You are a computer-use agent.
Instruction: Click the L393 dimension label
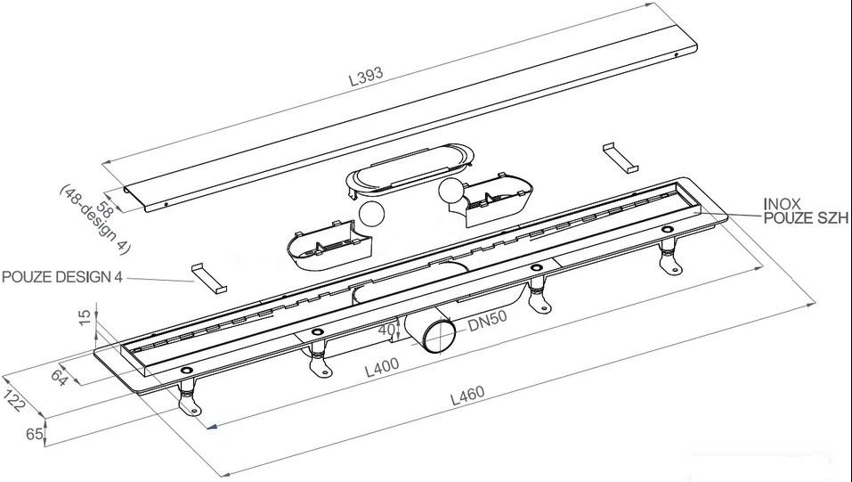click(x=366, y=77)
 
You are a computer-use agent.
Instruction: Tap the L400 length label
click(x=381, y=367)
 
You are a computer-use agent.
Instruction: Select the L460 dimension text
click(x=467, y=395)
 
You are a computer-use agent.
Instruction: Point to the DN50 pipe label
click(x=487, y=321)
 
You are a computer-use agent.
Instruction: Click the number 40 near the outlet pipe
click(x=387, y=330)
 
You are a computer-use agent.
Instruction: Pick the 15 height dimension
click(x=85, y=317)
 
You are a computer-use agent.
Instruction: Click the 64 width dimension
click(x=60, y=377)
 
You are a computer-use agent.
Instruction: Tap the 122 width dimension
click(x=14, y=400)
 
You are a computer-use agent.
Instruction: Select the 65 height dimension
click(x=34, y=434)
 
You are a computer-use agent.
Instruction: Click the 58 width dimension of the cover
click(x=104, y=209)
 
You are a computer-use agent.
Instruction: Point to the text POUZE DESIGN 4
click(x=62, y=277)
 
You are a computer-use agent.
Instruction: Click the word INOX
click(x=782, y=204)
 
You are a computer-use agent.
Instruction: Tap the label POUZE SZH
click(x=806, y=218)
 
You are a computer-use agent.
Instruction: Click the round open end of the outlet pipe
click(x=440, y=336)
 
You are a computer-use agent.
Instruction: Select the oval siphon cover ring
click(x=410, y=170)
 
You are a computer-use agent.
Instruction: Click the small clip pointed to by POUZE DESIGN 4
click(x=208, y=279)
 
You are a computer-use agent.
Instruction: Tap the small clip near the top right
click(x=620, y=158)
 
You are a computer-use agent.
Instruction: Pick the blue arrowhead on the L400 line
click(x=213, y=427)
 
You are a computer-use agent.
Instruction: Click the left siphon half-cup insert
click(x=329, y=248)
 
